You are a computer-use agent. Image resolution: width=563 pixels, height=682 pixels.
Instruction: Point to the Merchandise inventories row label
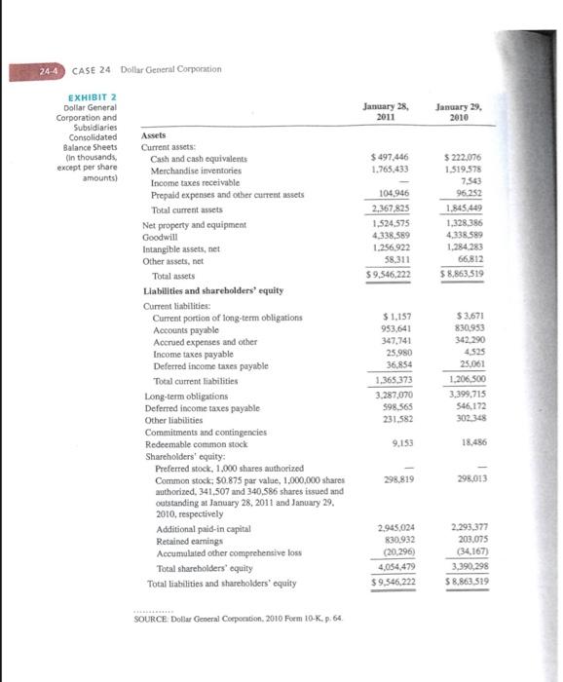197,170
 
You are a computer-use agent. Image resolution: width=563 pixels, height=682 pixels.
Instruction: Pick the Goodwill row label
160,235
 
